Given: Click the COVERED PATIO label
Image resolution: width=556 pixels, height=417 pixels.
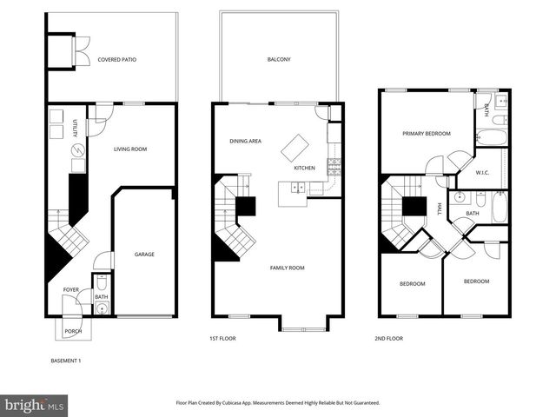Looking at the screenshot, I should tap(116, 60).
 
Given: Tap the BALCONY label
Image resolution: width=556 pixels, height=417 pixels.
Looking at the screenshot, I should tap(278, 60).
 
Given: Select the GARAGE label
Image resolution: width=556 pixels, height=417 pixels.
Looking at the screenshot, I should tap(144, 255).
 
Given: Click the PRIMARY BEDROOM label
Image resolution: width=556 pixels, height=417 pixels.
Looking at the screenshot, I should tap(426, 134).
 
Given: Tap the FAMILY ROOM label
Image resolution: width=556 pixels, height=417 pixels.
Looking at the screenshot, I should tap(287, 268).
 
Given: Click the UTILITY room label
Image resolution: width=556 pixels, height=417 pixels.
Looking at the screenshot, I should tap(76, 129).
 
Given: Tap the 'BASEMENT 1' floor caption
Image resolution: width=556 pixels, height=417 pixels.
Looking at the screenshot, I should tap(66, 361).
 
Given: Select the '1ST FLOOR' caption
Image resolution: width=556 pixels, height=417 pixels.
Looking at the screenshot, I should tap(222, 338).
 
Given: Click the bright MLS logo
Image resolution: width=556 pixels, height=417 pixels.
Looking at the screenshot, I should tap(35, 404).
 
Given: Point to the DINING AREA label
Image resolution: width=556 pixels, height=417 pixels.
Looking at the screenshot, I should tap(246, 141).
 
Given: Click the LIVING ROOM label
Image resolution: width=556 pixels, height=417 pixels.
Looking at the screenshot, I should tap(130, 149).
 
